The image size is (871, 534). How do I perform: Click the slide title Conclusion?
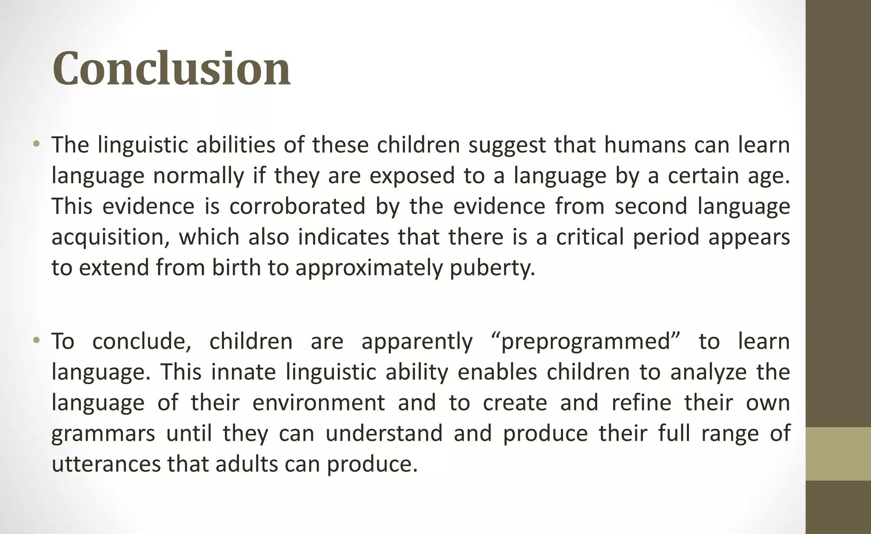171,69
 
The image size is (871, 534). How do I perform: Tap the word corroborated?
297,206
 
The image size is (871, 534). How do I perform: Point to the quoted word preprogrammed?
586,342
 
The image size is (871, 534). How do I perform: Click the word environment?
319,403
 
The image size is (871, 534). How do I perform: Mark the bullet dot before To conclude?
37,341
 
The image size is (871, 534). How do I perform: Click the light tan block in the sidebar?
838,454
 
